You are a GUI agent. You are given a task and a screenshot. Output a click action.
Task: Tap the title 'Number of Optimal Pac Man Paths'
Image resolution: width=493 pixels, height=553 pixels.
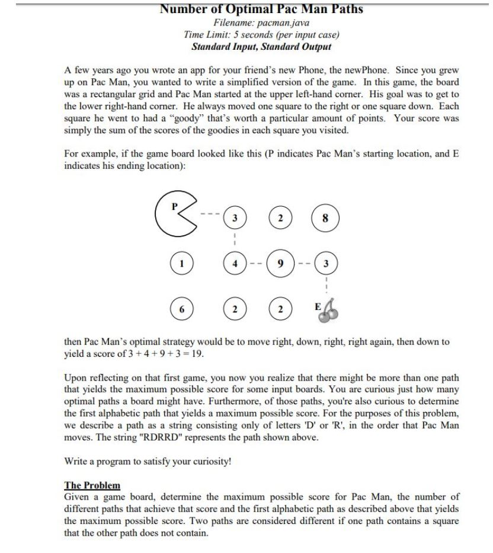pyautogui.click(x=261, y=9)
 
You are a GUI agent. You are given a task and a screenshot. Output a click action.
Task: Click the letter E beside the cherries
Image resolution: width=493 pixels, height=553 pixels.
pyautogui.click(x=318, y=307)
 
